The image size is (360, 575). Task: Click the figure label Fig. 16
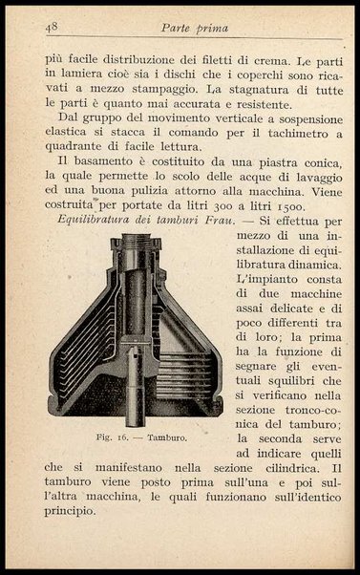111,438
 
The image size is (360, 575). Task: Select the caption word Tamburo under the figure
164,438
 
